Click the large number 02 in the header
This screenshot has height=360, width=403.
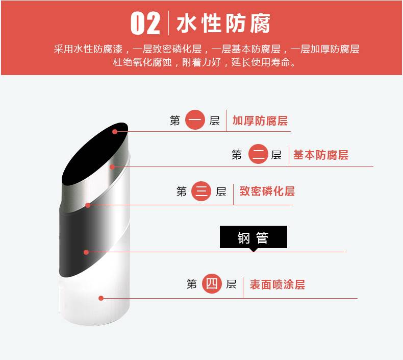(145, 23)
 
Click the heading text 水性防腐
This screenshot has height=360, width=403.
(223, 23)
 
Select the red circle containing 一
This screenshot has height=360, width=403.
(195, 120)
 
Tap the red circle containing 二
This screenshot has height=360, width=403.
(258, 154)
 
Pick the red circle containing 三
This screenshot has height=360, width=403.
(201, 191)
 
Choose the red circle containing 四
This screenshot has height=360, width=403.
(212, 284)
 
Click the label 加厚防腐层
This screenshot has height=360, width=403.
(260, 121)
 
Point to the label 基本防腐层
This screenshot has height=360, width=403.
(321, 155)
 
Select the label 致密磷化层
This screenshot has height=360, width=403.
(267, 191)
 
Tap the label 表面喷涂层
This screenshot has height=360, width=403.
(278, 284)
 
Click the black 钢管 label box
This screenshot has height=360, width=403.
(254, 237)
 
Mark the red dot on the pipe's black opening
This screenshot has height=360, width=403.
(115, 132)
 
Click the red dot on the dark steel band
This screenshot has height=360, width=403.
(86, 252)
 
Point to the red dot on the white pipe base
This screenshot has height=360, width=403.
(101, 298)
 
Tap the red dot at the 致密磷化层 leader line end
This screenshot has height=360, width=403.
(88, 205)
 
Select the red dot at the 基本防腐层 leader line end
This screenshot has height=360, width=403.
(112, 167)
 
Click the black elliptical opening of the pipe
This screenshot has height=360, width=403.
(95, 154)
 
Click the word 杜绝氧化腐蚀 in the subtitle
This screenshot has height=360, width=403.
(142, 62)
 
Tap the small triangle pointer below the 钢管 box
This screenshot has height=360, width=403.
(254, 250)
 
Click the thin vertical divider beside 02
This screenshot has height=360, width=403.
(169, 23)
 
